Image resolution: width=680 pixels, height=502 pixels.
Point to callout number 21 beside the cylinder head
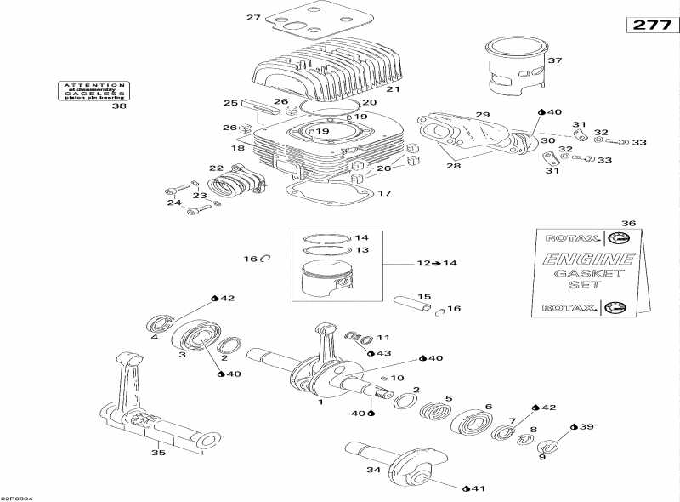click(393, 88)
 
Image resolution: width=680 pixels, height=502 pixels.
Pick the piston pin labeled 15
click(412, 301)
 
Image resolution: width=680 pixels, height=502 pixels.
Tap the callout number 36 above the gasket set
click(628, 223)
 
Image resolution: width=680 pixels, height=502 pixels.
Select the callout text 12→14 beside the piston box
click(436, 264)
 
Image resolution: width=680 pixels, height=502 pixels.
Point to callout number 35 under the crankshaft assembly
click(157, 453)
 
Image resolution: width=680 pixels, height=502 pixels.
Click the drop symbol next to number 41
click(466, 488)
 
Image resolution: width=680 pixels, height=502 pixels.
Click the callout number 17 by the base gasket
click(385, 193)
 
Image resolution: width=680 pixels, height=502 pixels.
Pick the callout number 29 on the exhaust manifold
click(482, 115)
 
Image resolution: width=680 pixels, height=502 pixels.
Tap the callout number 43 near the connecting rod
click(383, 352)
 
